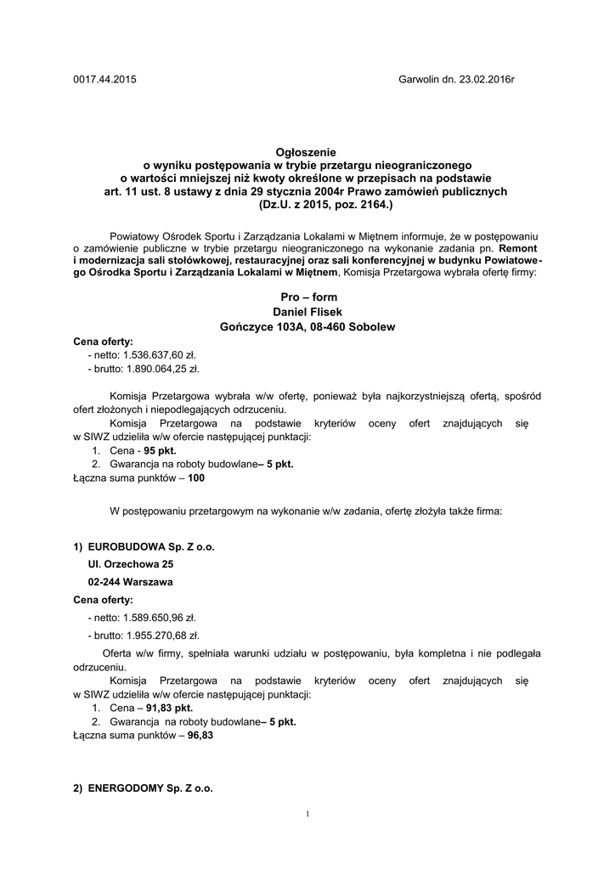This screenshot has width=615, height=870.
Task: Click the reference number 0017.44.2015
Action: click(x=104, y=80)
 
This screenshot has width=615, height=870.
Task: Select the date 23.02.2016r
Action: click(x=487, y=80)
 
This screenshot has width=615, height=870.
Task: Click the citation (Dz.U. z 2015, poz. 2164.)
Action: click(x=308, y=205)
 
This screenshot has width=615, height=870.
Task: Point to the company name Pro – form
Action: click(x=308, y=297)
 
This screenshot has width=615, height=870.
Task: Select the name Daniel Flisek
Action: click(x=308, y=312)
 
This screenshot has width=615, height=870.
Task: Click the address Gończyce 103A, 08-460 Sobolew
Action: click(x=308, y=326)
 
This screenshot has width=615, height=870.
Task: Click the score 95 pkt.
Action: click(x=161, y=451)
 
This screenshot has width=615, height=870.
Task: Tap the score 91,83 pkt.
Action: click(x=169, y=708)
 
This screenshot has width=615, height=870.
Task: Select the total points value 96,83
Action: click(x=200, y=736)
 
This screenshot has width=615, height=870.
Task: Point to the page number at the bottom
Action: click(x=307, y=814)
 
